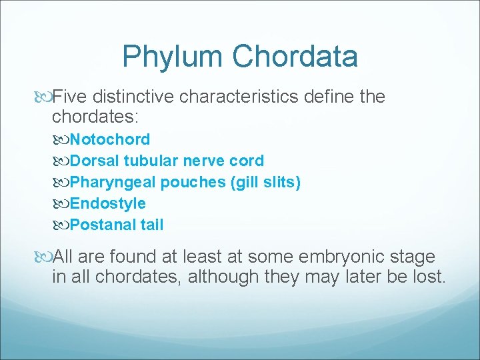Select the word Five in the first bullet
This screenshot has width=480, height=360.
69,97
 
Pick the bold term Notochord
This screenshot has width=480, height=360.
110,139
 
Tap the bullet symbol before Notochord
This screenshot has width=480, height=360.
62,140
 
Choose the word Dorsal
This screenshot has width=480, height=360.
93,161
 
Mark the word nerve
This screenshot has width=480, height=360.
201,161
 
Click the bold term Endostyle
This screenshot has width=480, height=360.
107,203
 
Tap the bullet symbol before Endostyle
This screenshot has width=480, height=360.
62,204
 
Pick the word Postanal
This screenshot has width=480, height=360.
103,225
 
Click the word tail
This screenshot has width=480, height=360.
151,225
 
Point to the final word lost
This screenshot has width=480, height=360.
429,277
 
